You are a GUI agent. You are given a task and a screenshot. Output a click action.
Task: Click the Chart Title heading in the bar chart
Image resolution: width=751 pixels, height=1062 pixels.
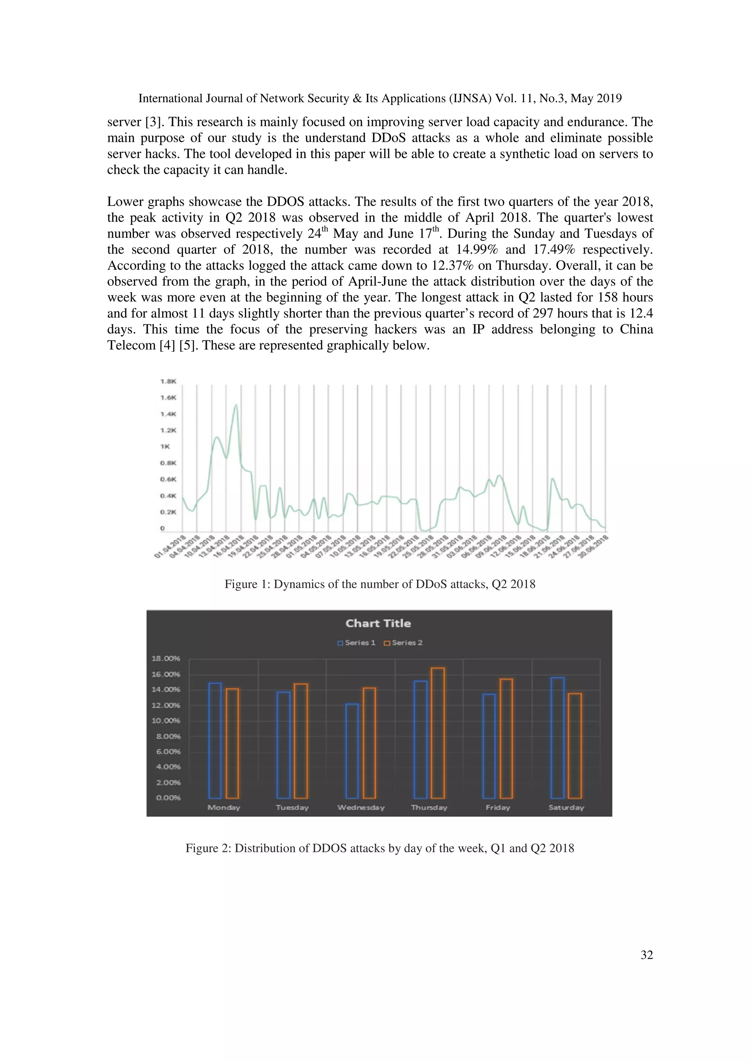[378, 623]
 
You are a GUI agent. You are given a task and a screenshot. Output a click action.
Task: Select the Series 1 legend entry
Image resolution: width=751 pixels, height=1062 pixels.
[356, 642]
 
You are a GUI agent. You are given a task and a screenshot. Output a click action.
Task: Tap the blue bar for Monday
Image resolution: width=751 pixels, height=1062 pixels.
[215, 740]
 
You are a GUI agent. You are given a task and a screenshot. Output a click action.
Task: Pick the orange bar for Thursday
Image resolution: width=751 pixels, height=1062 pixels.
[438, 733]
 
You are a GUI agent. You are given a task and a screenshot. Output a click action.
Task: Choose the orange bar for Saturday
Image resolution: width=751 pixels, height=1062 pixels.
[575, 746]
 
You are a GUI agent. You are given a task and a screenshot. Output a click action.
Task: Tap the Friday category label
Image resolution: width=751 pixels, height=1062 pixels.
[498, 807]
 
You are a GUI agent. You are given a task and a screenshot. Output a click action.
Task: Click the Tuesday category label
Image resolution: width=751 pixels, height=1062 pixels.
[292, 807]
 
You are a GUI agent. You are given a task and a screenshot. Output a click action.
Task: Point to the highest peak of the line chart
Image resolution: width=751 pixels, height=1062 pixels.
[237, 405]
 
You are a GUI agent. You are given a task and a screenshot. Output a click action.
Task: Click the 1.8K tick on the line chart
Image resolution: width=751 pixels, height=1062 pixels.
[168, 381]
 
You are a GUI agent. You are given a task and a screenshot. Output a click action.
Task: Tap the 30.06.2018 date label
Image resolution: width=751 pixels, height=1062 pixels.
[593, 547]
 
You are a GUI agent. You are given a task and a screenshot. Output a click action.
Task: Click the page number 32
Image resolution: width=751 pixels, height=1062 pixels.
[646, 955]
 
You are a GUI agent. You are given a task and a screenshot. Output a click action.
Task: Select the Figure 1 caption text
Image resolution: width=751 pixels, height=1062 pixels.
[380, 584]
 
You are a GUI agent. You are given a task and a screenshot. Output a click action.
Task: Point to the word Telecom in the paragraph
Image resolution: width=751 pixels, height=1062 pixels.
[131, 345]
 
